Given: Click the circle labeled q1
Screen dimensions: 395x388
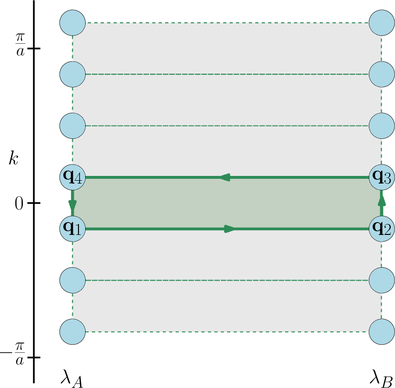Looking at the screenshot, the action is pyautogui.click(x=73, y=229).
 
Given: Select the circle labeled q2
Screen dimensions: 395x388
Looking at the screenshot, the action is pyautogui.click(x=382, y=229).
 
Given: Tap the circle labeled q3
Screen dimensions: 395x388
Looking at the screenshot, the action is pyautogui.click(x=382, y=177).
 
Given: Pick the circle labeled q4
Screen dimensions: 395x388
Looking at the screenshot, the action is pyautogui.click(x=73, y=177).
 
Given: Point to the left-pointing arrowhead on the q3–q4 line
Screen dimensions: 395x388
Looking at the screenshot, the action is pyautogui.click(x=225, y=177).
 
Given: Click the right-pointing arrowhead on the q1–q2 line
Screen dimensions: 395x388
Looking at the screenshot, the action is pyautogui.click(x=230, y=229).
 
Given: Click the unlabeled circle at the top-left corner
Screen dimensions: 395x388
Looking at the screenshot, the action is pyautogui.click(x=73, y=22).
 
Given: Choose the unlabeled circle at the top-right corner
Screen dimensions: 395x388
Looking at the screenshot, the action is pyautogui.click(x=382, y=22).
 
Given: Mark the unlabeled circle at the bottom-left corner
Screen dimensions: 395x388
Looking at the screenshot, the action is pyautogui.click(x=73, y=331).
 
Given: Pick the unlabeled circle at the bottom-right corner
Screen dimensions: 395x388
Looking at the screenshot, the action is pyautogui.click(x=382, y=331).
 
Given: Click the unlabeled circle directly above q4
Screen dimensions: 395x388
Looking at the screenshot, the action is pyautogui.click(x=73, y=126).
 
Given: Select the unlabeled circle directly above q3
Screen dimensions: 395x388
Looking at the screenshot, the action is pyautogui.click(x=382, y=126).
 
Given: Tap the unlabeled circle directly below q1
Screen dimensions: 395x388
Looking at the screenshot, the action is pyautogui.click(x=73, y=280).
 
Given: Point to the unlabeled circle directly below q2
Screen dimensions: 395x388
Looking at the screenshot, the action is pyautogui.click(x=382, y=280).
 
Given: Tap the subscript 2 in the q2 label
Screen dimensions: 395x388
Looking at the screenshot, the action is pyautogui.click(x=387, y=232).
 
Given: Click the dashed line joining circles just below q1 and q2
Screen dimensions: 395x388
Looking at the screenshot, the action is pyautogui.click(x=227, y=280).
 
